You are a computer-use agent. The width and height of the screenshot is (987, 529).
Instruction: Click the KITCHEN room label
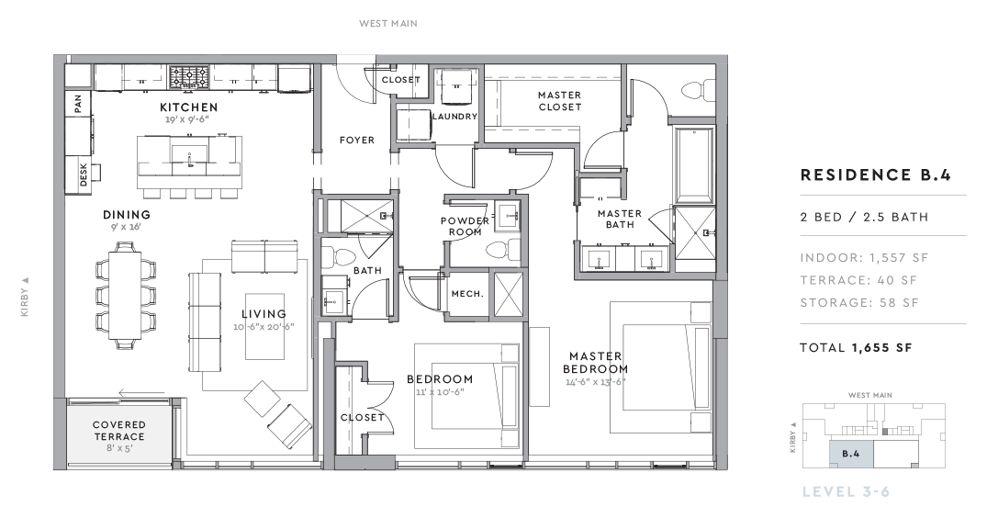pyautogui.click(x=189, y=107)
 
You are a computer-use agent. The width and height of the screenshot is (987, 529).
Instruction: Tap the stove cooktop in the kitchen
pyautogui.click(x=189, y=77)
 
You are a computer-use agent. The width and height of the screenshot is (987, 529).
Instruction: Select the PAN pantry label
pyautogui.click(x=78, y=104)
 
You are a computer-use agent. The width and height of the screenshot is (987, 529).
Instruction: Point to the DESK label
pyautogui.click(x=84, y=174)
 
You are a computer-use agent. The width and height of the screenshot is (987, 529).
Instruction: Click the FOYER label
pyautogui.click(x=357, y=140)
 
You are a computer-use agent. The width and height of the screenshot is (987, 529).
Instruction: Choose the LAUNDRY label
pyautogui.click(x=454, y=117)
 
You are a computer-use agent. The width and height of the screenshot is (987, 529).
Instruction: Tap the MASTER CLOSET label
pyautogui.click(x=559, y=101)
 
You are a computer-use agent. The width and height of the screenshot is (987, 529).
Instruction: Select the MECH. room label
pyautogui.click(x=467, y=294)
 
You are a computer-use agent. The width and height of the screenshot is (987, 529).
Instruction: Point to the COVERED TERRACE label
pyautogui.click(x=119, y=431)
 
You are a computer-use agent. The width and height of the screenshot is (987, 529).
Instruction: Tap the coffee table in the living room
pyautogui.click(x=264, y=326)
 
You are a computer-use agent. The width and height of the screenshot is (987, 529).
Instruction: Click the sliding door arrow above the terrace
pyautogui.click(x=141, y=394)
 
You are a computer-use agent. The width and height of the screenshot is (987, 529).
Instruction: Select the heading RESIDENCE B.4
pyautogui.click(x=876, y=175)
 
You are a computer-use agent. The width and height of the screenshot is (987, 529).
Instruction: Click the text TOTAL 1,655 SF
pyautogui.click(x=856, y=348)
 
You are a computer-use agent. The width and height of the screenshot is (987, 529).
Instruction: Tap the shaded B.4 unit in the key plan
pyautogui.click(x=850, y=454)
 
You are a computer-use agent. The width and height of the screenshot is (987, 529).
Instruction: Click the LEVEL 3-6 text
pyautogui.click(x=846, y=492)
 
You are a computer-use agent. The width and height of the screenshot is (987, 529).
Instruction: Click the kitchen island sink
pyautogui.click(x=189, y=154)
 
